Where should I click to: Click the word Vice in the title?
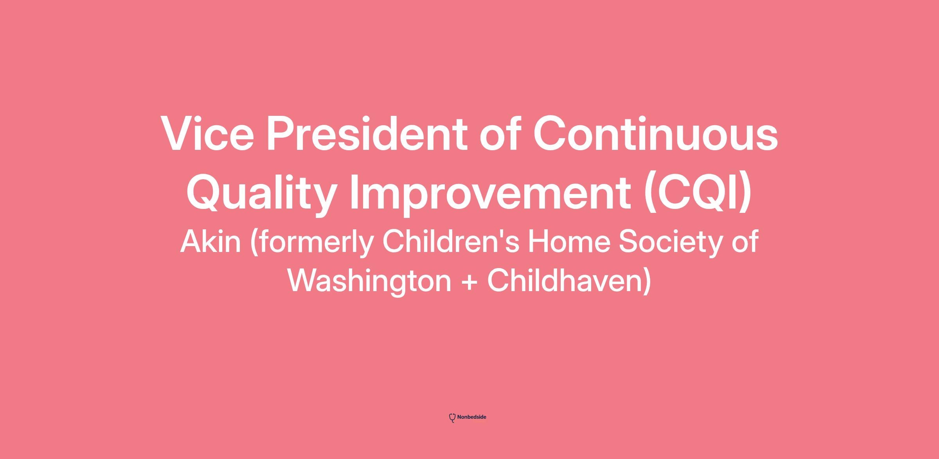pos(207,133)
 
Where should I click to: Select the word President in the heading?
pos(367,133)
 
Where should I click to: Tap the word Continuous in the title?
pos(656,133)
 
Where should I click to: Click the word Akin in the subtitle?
pos(210,241)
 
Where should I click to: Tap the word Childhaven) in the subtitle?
pos(569,281)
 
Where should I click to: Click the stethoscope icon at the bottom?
pos(452,418)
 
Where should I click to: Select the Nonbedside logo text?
pos(471,417)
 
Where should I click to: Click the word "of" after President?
pos(500,133)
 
